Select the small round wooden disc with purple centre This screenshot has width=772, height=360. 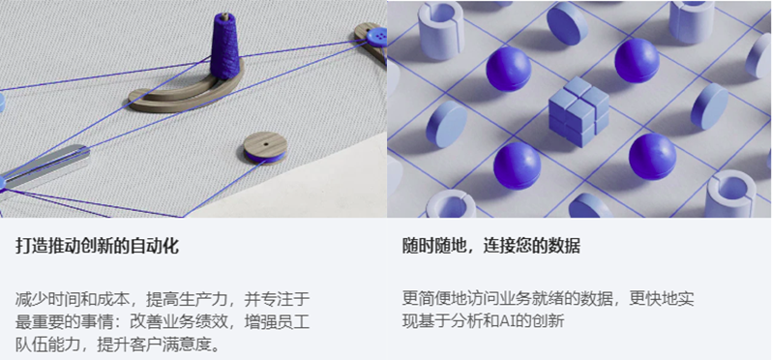(x=264, y=147)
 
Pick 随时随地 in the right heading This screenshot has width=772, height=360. (x=431, y=247)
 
